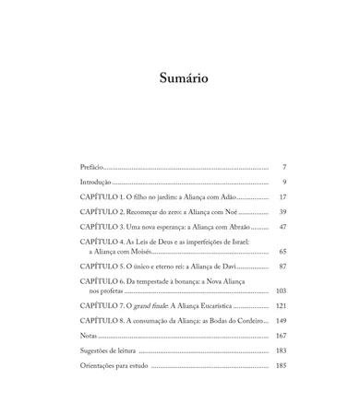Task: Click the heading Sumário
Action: [183, 77]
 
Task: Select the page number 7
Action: [283, 167]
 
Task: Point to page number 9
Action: [283, 183]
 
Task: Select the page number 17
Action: [282, 197]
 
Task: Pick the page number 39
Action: [282, 212]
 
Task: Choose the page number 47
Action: [282, 227]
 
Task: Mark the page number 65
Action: [282, 251]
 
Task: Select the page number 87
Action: [282, 267]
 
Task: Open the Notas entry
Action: [91, 336]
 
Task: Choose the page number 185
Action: [281, 365]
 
